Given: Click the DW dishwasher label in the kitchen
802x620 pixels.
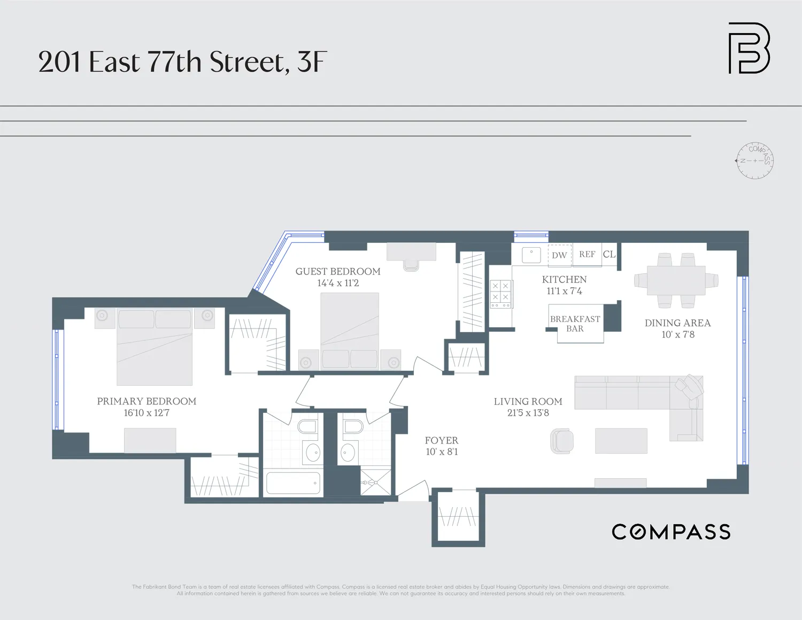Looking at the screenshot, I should pos(559,255).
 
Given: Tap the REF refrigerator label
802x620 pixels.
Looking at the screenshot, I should pos(587,255).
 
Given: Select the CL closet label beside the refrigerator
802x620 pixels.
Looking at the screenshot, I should pos(609,255).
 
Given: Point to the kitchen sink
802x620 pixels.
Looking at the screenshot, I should pos(531,255).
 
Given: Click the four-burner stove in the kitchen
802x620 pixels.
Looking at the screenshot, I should pos(500,295).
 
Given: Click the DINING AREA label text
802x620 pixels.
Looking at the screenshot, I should pos(677,323).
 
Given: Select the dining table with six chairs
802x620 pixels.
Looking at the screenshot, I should pos(676,280).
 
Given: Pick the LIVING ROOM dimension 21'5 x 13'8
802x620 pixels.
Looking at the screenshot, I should pos(528,413).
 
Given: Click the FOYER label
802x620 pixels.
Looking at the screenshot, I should pos(441,440).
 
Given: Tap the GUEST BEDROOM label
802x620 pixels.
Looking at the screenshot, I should pos(338,272).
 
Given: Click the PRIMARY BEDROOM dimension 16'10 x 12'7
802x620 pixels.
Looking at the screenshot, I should pos(146,413).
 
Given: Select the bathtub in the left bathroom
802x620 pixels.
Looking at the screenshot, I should pos(293,483).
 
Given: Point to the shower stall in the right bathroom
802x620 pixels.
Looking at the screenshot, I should pos(376,482).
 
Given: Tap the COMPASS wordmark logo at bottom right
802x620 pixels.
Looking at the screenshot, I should pos(671,532).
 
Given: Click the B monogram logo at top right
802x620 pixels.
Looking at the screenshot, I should pos(749,48).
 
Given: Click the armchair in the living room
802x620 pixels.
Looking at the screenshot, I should pos(562,441).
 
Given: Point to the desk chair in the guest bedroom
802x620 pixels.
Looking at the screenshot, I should pos(411,265).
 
